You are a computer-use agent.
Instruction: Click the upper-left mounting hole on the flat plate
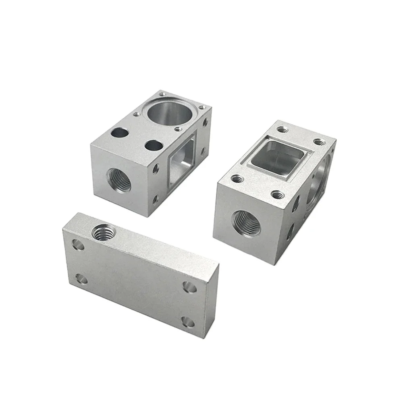pyautogui.click(x=79, y=245)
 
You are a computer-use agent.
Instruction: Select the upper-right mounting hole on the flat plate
pyautogui.click(x=189, y=287)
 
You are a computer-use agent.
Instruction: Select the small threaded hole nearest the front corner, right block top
pyautogui.click(x=277, y=195)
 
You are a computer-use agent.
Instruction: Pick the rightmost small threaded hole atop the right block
pyautogui.click(x=319, y=142)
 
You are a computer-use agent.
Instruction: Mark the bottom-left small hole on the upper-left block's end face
pyautogui.click(x=156, y=199)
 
